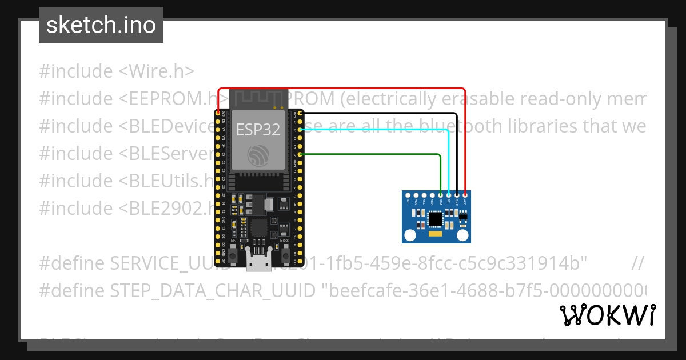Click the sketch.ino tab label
(101, 25)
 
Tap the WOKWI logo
(608, 315)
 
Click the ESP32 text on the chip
(258, 130)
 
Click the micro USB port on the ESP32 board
(258, 262)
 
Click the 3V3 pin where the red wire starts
(218, 114)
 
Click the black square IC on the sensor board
(436, 219)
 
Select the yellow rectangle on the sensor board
(436, 234)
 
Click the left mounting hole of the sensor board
(409, 235)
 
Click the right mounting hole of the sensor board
(463, 235)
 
